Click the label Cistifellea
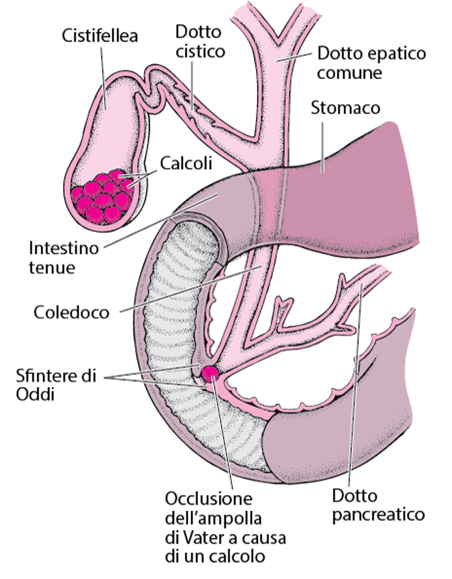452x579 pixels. click(x=100, y=36)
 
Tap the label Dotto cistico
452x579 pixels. click(x=200, y=41)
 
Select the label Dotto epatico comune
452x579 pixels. click(x=371, y=63)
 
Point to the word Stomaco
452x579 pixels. click(x=345, y=108)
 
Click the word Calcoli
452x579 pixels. click(x=186, y=163)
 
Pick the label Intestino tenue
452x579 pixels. click(x=64, y=258)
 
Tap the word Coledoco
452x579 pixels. click(x=71, y=312)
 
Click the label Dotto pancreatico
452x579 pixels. click(x=378, y=505)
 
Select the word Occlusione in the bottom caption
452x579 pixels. click(x=209, y=499)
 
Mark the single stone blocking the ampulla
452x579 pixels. click(x=209, y=374)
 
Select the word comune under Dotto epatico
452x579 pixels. click(x=349, y=73)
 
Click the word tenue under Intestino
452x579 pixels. click(x=52, y=267)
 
